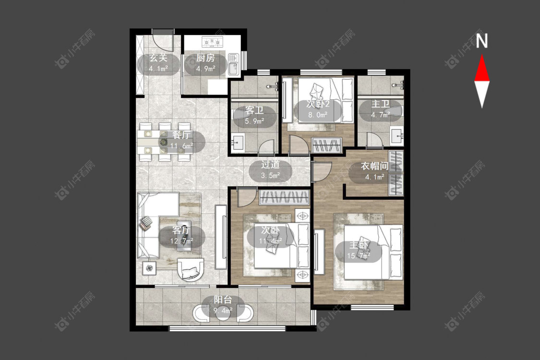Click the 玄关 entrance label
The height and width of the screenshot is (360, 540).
[x=158, y=58]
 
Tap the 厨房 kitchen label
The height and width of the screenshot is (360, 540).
[x=205, y=58]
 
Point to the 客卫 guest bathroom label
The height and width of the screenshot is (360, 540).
[x=254, y=110]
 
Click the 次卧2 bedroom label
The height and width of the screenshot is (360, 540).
[x=318, y=104]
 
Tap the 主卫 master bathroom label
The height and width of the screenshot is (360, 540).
[x=380, y=104]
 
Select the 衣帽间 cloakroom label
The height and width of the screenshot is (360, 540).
[x=375, y=166]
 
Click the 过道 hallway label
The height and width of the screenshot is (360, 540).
[x=270, y=164]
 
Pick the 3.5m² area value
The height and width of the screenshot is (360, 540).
[x=270, y=176]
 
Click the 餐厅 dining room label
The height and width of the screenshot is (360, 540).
[x=181, y=135]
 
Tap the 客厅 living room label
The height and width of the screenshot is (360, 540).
[x=181, y=230]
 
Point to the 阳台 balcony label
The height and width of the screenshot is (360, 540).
[x=223, y=300]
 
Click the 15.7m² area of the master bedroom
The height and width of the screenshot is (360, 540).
[x=359, y=256]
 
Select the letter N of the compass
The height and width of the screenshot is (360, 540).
[x=482, y=40]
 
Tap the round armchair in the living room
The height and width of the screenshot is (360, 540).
[x=191, y=269]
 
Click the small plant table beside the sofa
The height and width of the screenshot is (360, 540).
[x=149, y=268]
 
